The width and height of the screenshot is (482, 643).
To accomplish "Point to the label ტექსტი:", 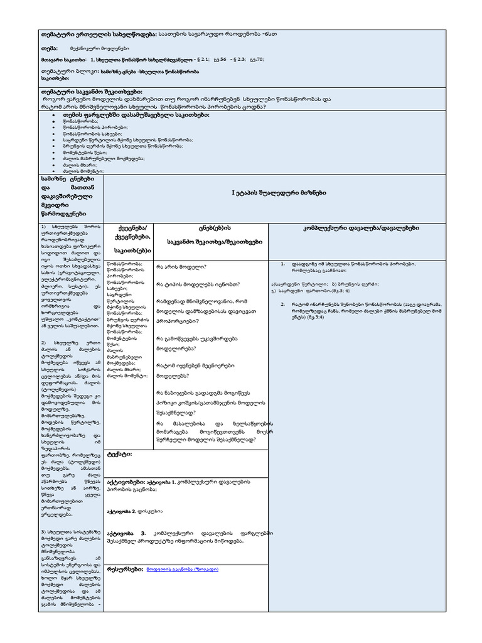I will (119, 453).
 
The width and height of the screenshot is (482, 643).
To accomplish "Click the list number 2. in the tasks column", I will (283, 305).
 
